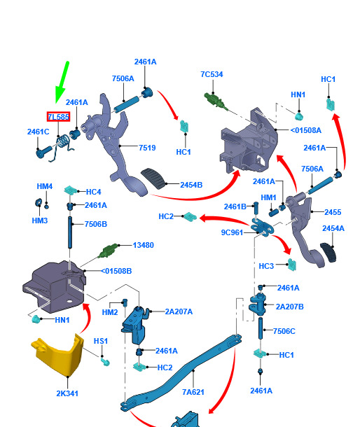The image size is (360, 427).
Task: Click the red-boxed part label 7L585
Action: point(58,117)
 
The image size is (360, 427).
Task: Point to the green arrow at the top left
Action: point(62,82)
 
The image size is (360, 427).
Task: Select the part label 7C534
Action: point(212,74)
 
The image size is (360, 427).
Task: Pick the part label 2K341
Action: point(67,393)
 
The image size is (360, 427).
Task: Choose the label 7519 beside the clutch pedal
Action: point(147,148)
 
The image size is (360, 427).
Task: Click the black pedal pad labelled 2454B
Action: point(153,178)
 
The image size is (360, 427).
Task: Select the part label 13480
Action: point(144,245)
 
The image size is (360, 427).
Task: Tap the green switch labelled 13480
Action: point(109,251)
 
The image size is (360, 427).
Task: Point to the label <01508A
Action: point(306,130)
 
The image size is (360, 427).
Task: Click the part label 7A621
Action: point(193,392)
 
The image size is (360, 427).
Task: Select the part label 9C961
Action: point(232,232)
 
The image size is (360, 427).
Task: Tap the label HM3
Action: point(40,220)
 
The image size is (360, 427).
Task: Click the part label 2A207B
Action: point(290,307)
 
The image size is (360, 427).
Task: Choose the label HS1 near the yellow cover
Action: point(101,341)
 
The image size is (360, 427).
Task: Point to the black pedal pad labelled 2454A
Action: point(328,253)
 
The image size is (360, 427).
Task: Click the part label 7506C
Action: point(284,331)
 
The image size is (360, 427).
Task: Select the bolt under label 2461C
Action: point(44,152)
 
